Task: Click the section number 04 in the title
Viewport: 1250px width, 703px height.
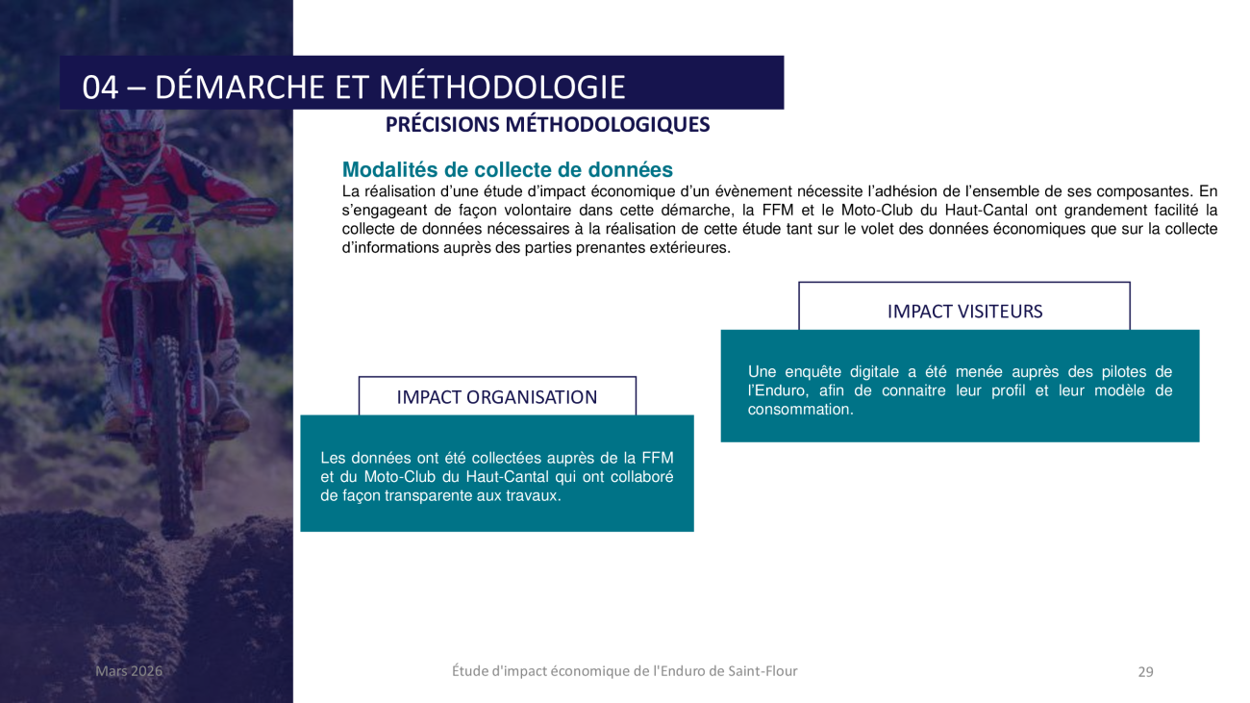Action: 100,88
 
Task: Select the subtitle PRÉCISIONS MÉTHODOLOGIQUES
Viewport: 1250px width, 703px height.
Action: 547,125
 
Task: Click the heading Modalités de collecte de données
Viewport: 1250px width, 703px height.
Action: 507,170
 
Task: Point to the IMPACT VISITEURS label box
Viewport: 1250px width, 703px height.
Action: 963,311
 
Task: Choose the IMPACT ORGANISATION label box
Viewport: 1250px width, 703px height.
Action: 496,397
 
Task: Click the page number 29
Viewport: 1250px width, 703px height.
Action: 1145,672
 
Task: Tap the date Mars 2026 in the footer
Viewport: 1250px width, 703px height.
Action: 129,671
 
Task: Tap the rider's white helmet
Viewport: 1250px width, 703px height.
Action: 132,132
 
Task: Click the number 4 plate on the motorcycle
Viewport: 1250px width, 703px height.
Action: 155,223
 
